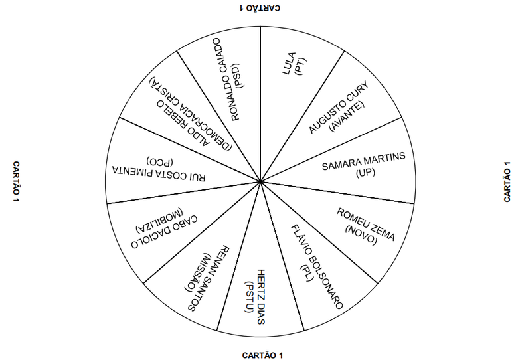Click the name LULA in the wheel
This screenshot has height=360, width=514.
[x=288, y=64]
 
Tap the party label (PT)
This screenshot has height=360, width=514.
[x=300, y=67]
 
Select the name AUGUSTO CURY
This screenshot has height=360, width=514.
[x=338, y=107]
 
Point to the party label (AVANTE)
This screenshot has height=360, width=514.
[x=347, y=116]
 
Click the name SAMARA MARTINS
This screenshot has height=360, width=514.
[x=363, y=161]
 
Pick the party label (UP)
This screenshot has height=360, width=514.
[x=365, y=173]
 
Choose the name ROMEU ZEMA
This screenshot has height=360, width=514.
[x=366, y=225]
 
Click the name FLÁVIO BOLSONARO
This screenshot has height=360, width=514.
[x=317, y=267]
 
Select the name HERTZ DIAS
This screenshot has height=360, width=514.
[x=260, y=297]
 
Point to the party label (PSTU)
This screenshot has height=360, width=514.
[x=249, y=297]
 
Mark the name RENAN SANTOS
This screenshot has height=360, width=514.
[x=209, y=278]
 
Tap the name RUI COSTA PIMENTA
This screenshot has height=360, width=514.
[x=159, y=173]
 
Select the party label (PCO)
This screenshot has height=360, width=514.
[x=160, y=161]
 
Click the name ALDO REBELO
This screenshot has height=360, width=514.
[x=182, y=124]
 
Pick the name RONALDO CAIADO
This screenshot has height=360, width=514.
[x=226, y=79]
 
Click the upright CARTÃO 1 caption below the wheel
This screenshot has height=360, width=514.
[x=262, y=355]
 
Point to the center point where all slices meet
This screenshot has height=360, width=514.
[x=260, y=181]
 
